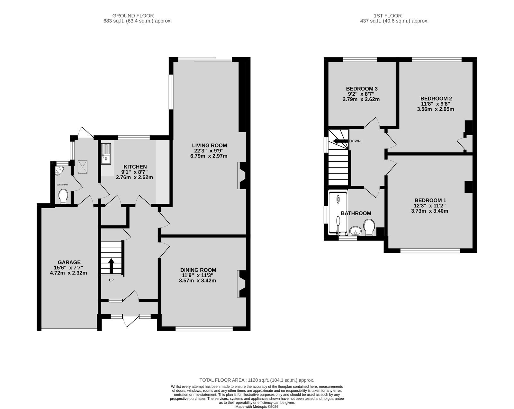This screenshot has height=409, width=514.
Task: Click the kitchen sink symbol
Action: [x=106, y=154]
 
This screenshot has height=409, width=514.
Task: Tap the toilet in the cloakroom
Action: [x=63, y=197]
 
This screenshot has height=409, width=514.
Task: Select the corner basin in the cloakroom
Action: [x=59, y=171]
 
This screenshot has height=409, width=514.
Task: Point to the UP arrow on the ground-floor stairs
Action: [x=111, y=265]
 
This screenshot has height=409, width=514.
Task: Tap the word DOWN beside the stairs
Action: [x=355, y=141]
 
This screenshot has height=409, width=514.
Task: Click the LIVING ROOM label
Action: [x=210, y=145]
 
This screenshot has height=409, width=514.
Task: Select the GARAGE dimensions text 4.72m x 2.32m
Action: [x=68, y=273]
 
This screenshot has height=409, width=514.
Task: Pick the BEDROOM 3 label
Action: [x=362, y=89]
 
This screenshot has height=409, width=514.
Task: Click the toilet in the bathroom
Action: [x=369, y=227]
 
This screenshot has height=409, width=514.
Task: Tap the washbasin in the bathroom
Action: [x=356, y=231]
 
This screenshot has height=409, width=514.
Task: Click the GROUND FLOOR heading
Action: [x=133, y=16]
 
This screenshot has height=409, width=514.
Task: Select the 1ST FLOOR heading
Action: [x=387, y=16]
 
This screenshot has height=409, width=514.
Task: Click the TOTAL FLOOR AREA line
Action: [x=257, y=380]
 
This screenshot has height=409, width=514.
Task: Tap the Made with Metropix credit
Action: [x=257, y=407]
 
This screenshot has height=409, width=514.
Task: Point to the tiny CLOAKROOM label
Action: [x=62, y=185]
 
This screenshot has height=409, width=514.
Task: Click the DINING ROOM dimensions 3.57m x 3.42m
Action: [x=197, y=280]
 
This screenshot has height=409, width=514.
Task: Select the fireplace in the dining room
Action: [x=241, y=284]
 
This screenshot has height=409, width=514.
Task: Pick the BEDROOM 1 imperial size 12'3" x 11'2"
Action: [x=430, y=206]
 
